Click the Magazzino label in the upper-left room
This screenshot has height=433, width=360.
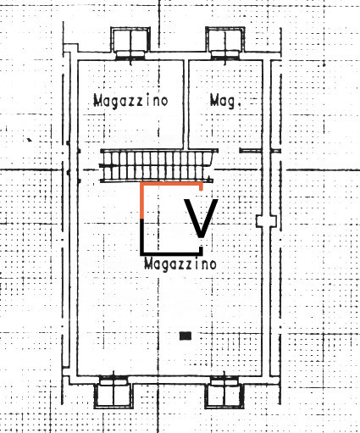pyautogui.click(x=130, y=101)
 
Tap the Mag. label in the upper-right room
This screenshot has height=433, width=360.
pyautogui.click(x=225, y=101)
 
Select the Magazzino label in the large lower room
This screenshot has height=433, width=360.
pyautogui.click(x=180, y=264)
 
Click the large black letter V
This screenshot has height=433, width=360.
pyautogui.click(x=201, y=218)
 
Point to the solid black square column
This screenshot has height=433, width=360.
pyautogui.click(x=186, y=336)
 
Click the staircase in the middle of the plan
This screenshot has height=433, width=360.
pyautogui.click(x=156, y=166)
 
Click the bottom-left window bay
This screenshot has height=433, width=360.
pyautogui.click(x=114, y=392)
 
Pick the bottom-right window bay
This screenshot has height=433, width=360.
pyautogui.click(x=224, y=392)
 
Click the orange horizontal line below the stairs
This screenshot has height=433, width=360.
pyautogui.click(x=171, y=184)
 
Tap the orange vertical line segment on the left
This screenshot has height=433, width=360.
pyautogui.click(x=142, y=201)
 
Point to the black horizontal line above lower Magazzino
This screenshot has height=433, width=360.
pyautogui.click(x=171, y=253)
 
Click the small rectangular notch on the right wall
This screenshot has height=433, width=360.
pyautogui.click(x=266, y=221)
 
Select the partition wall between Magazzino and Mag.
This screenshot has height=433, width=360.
pyautogui.click(x=186, y=104)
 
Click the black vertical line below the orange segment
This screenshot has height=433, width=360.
pyautogui.click(x=142, y=236)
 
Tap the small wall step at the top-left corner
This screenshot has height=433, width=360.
pyautogui.click(x=70, y=48)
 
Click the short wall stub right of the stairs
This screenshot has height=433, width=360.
pyautogui.click(x=250, y=151)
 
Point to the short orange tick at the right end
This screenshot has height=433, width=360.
pyautogui.click(x=201, y=186)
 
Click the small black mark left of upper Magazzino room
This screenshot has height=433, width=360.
pyautogui.click(x=29, y=140)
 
